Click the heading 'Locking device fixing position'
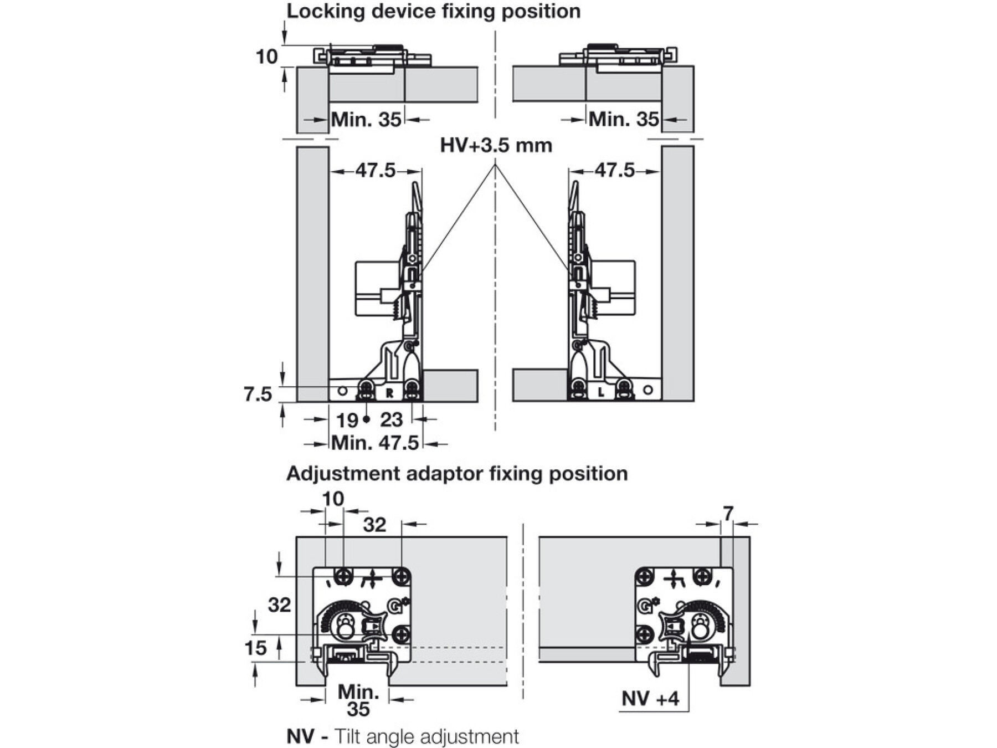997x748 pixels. (x=433, y=12)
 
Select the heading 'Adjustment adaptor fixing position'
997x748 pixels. (x=457, y=474)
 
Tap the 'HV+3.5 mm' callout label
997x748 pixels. (x=496, y=146)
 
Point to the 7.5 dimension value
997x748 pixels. (x=258, y=394)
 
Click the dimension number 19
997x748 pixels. (x=347, y=421)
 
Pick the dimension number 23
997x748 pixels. (x=391, y=420)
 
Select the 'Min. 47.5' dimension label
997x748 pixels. (x=375, y=443)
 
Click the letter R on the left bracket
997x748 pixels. (x=389, y=393)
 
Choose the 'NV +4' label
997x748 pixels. (x=650, y=699)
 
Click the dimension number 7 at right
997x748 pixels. (x=728, y=514)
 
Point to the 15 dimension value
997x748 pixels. (x=255, y=648)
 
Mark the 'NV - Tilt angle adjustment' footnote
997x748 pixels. (x=403, y=736)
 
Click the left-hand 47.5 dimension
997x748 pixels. (x=376, y=171)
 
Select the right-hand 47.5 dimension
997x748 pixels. (x=614, y=171)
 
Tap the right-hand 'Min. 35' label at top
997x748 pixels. (x=624, y=119)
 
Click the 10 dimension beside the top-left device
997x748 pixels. (x=266, y=57)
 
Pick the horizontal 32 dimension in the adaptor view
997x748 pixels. (x=374, y=525)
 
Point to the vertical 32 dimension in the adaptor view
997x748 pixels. (x=279, y=604)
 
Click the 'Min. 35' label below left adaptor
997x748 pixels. (x=358, y=700)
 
